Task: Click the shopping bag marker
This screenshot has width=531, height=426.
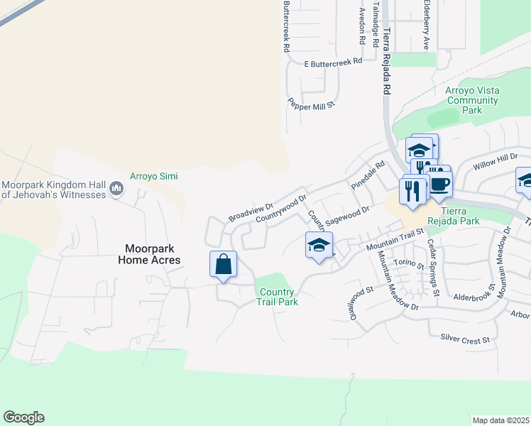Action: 224,264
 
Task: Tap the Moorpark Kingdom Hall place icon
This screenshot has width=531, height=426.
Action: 116,190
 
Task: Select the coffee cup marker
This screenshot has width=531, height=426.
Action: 439,185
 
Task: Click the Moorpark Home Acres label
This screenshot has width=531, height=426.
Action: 153,255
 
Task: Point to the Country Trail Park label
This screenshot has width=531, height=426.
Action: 277,297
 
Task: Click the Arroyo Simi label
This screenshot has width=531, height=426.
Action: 153,176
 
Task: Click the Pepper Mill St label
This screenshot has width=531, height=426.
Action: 310,104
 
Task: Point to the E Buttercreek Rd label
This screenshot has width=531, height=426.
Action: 333,62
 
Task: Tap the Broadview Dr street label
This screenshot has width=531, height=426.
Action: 251,211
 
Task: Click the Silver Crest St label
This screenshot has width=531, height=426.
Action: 465,339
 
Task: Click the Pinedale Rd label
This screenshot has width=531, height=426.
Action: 368,175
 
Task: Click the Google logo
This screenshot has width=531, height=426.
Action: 23,417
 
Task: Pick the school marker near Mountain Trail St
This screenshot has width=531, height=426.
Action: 319,246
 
